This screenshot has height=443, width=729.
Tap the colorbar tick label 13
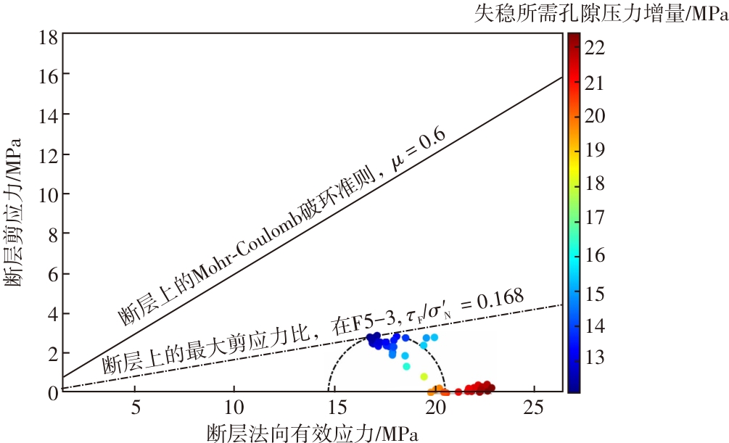596,357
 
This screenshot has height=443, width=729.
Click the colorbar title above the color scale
601,13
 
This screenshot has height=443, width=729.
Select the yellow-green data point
424,376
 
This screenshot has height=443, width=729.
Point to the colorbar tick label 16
596,254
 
